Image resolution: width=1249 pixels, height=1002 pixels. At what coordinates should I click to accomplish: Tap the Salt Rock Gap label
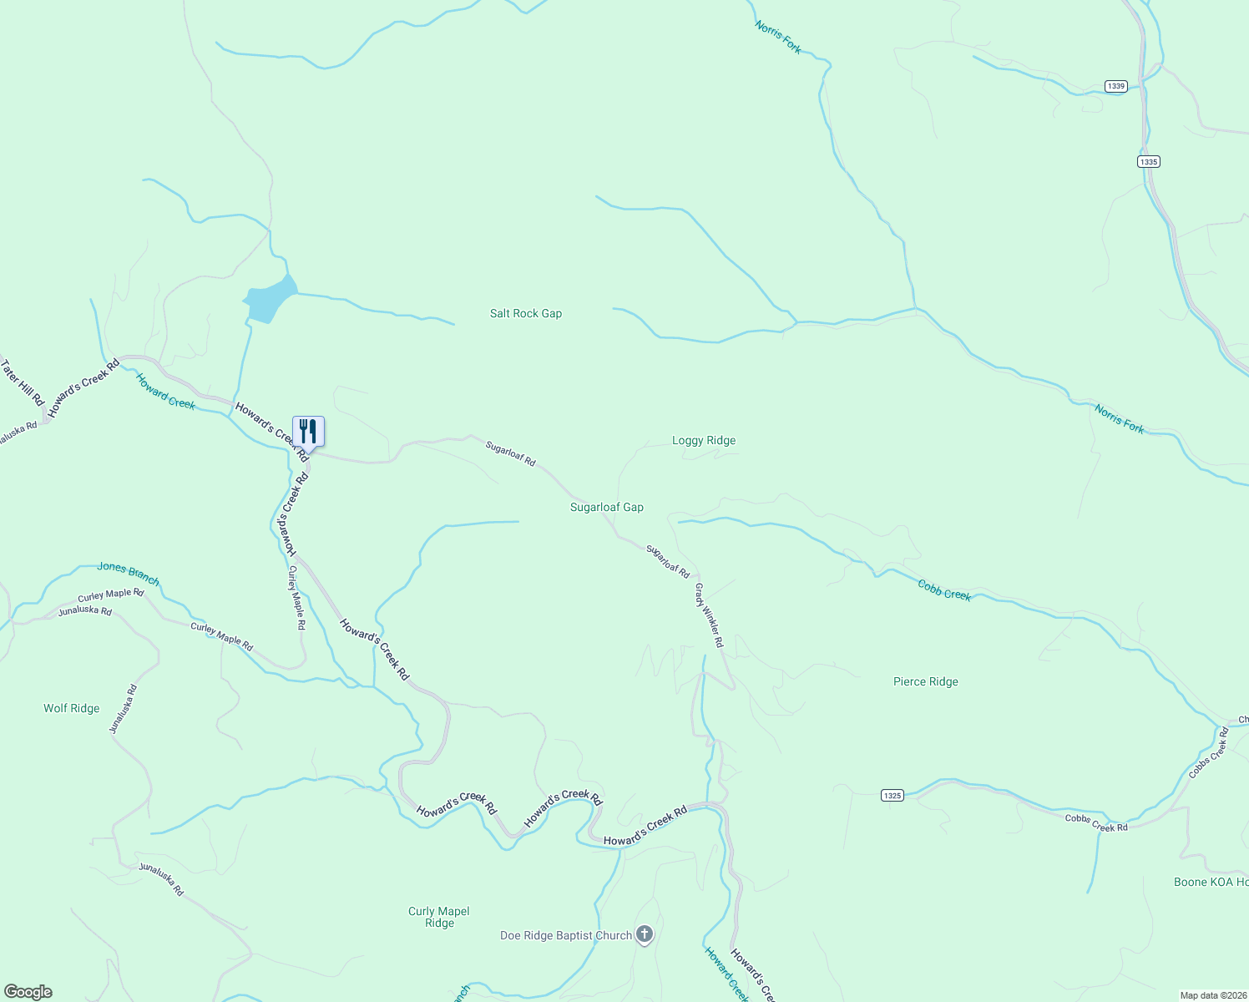tap(525, 314)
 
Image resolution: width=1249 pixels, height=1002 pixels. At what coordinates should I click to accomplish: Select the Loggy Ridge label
tap(704, 441)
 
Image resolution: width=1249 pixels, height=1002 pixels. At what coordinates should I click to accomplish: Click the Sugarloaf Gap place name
tap(606, 508)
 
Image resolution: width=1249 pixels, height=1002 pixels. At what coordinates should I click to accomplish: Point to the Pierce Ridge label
tap(925, 682)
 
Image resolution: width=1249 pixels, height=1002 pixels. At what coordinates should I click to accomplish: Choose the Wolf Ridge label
tap(72, 709)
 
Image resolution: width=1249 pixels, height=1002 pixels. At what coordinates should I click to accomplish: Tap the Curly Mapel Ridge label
tap(439, 917)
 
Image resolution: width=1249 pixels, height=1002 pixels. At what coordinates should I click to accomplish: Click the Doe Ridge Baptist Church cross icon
tap(645, 935)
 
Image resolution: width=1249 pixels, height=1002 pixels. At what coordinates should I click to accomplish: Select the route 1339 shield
tap(1115, 86)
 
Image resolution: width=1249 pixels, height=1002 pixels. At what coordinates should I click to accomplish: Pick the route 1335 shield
tap(1149, 162)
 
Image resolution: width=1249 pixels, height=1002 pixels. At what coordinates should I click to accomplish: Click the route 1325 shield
tap(892, 796)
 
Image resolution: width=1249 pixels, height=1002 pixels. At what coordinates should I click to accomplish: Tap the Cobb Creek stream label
tap(944, 590)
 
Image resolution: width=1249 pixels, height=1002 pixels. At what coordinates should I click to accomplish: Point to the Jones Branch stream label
tap(128, 573)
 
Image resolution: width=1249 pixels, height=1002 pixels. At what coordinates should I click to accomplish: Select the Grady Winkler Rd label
tap(709, 615)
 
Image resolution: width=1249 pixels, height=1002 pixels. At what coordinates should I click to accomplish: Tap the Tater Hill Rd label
tap(22, 383)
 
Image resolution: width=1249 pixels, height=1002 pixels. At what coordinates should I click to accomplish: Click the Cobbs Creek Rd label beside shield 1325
tap(1095, 822)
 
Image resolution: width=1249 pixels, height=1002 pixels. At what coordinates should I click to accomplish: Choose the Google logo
tap(28, 992)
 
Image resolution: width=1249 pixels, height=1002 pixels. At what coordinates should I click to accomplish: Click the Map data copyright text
tap(1213, 995)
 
